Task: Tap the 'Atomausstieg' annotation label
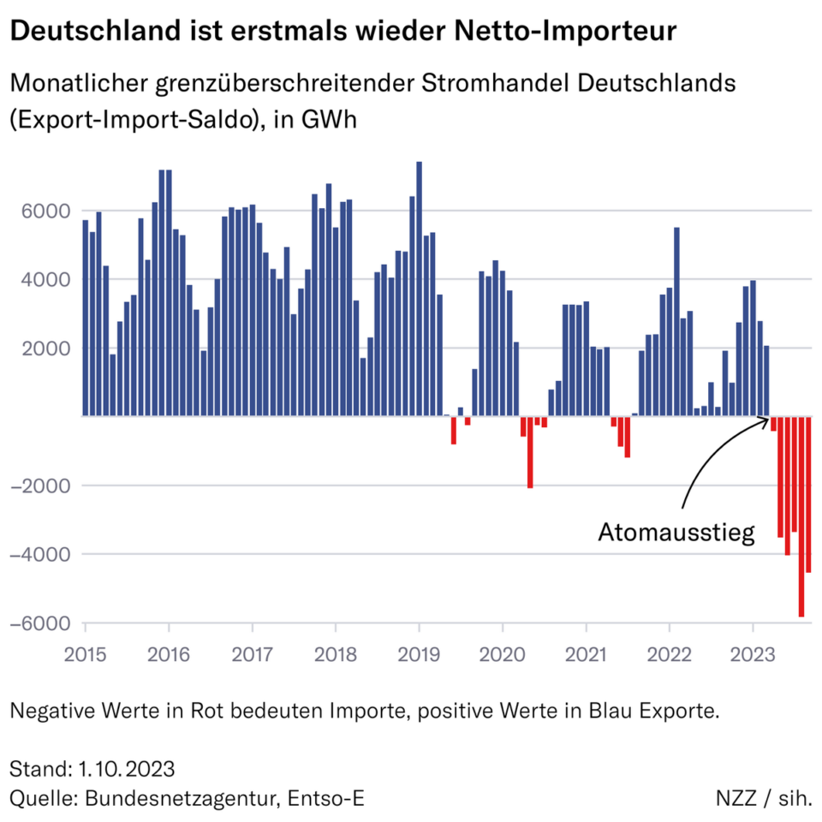tap(676, 533)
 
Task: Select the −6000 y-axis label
tap(39, 623)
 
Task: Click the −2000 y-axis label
tap(39, 486)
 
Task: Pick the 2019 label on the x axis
tap(419, 654)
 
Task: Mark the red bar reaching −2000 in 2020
tap(530, 452)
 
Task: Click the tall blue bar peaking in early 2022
tap(676, 321)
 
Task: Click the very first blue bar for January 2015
tap(86, 318)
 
